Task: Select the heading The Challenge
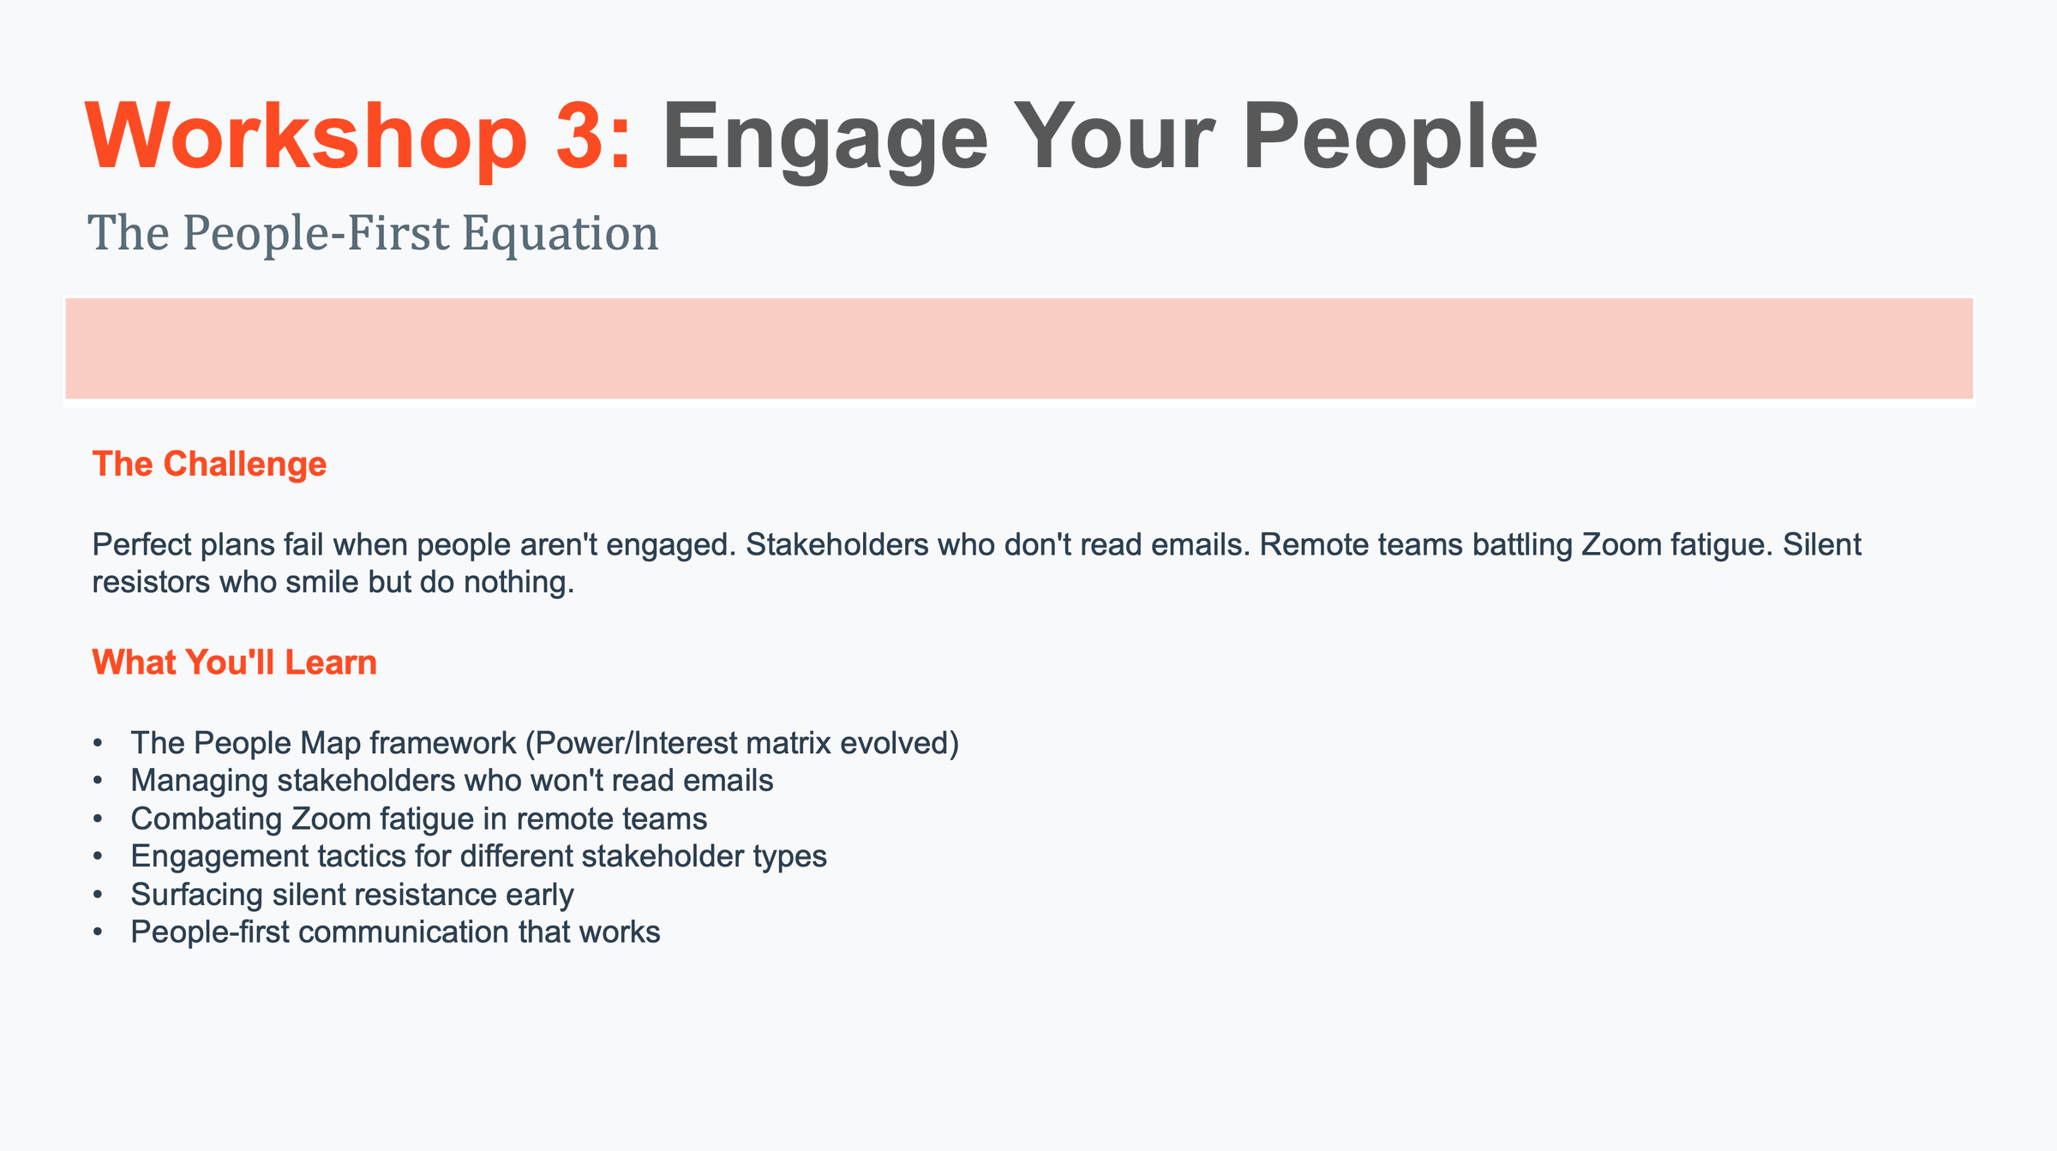pyautogui.click(x=209, y=464)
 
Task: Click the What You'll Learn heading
pyautogui.click(x=234, y=662)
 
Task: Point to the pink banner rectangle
pyautogui.click(x=1019, y=348)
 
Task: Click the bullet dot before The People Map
pyautogui.click(x=99, y=743)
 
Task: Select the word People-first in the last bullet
pyautogui.click(x=210, y=932)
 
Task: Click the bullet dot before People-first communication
pyautogui.click(x=99, y=932)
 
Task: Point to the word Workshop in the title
pyautogui.click(x=306, y=137)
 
